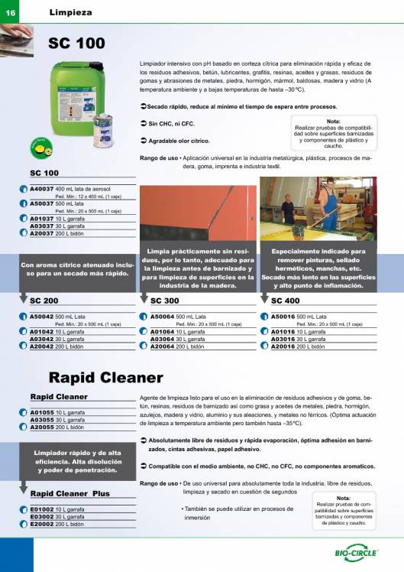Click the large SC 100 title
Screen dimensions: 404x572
click(x=76, y=44)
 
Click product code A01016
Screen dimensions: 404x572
click(x=284, y=332)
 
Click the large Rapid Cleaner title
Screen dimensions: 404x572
click(x=106, y=378)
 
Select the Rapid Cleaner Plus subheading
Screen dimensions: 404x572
click(x=70, y=494)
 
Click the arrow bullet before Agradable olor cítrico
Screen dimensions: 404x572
click(x=144, y=141)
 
